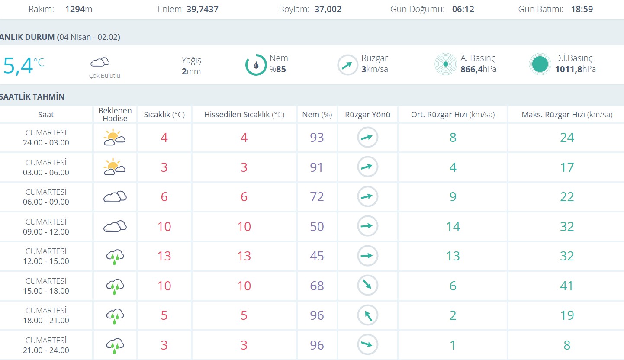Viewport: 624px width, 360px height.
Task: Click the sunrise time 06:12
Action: click(463, 9)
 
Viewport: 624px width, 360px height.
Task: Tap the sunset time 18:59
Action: click(582, 9)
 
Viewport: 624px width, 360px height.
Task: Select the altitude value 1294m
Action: click(79, 9)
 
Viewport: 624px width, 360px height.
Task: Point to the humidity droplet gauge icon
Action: click(256, 65)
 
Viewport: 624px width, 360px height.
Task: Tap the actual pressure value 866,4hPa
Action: click(478, 69)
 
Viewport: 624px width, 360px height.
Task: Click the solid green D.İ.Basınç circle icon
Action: click(540, 64)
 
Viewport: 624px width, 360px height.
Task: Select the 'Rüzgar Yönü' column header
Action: click(367, 115)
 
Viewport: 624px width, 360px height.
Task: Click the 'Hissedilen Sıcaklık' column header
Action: click(244, 115)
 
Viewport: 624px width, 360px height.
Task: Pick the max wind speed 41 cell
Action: click(567, 286)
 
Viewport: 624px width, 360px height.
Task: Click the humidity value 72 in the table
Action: click(317, 197)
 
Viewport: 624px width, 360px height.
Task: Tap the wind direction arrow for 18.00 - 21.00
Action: click(367, 315)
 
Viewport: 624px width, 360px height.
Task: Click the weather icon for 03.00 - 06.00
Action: click(114, 167)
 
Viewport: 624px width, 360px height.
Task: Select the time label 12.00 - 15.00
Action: click(46, 261)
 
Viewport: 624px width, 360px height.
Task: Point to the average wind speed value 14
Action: click(453, 227)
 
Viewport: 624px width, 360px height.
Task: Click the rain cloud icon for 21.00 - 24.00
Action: click(115, 345)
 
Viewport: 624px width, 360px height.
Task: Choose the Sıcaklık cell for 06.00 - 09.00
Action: click(164, 197)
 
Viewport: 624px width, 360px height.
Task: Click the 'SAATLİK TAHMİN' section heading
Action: click(32, 96)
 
